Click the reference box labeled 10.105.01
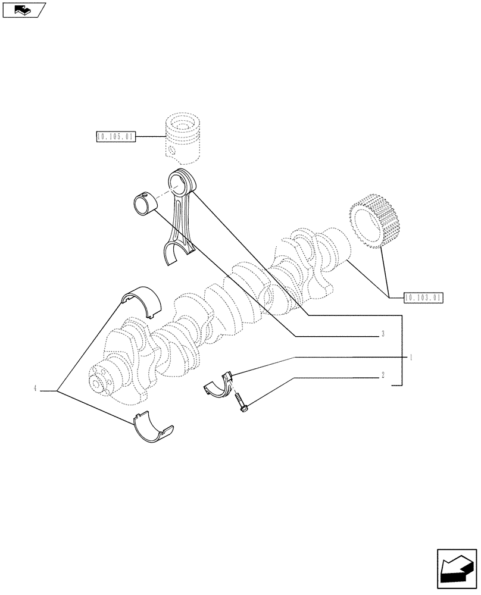click(115, 137)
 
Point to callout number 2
click(383, 375)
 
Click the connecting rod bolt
click(242, 403)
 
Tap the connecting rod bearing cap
click(218, 384)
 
